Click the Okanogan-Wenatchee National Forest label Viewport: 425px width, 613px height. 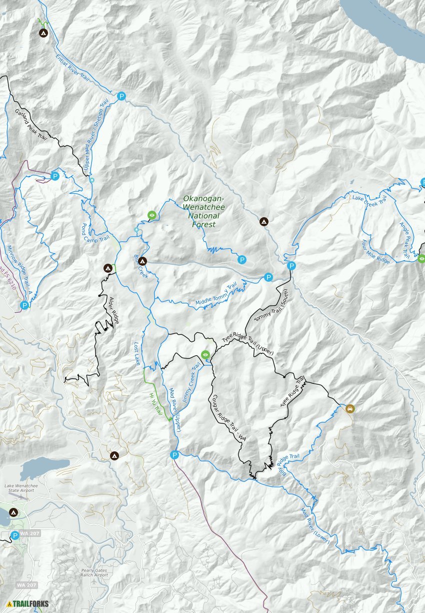click(x=204, y=211)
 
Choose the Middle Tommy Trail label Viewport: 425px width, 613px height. click(x=216, y=295)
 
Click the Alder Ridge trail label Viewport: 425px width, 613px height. click(x=114, y=311)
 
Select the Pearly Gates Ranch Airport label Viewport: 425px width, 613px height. click(x=94, y=572)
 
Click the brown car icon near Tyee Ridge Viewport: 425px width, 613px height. click(x=349, y=408)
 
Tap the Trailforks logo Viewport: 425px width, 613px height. click(x=28, y=603)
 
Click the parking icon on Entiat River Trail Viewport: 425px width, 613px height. click(x=121, y=96)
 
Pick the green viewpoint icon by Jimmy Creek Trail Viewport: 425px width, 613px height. click(x=205, y=355)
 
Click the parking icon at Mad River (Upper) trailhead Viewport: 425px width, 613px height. click(x=174, y=455)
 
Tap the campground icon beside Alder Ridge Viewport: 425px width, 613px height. click(x=107, y=268)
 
